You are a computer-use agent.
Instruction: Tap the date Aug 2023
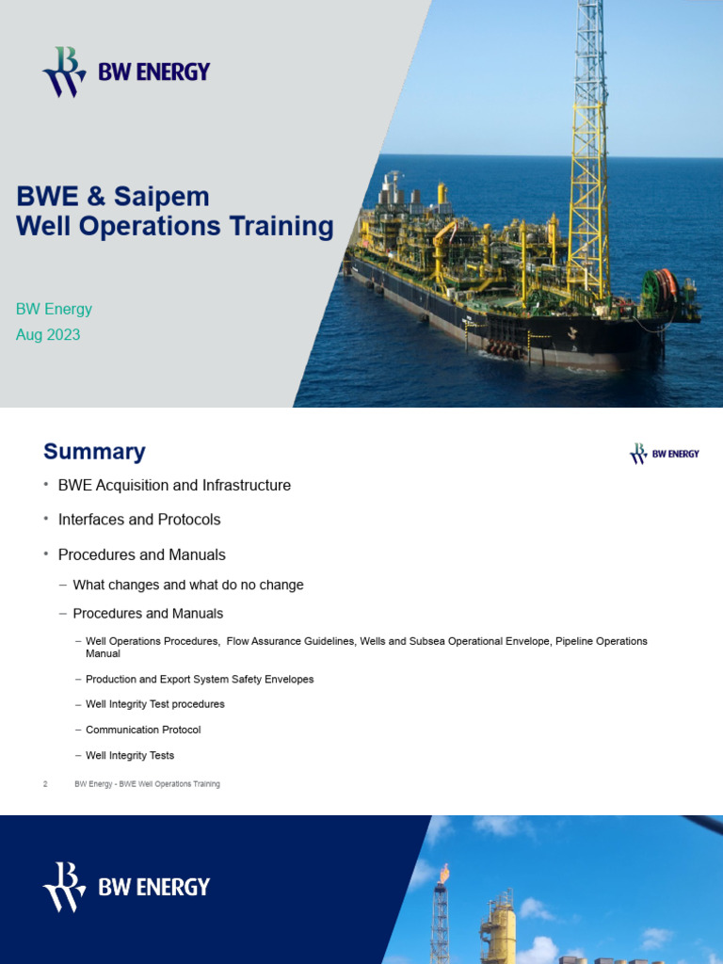point(48,334)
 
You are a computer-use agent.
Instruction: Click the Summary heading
point(94,452)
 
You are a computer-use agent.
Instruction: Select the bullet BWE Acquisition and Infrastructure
point(174,486)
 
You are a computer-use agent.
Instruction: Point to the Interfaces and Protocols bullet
point(139,520)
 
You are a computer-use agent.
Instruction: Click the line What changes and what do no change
point(188,585)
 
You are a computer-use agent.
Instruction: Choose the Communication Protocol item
point(143,730)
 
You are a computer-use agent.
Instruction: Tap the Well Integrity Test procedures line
point(155,704)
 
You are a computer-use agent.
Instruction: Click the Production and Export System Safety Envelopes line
point(200,679)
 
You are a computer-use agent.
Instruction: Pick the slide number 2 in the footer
point(45,784)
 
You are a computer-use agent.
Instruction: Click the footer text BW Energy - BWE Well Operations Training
point(147,784)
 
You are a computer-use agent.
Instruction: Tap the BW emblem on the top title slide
point(63,72)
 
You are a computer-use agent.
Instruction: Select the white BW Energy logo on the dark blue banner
point(126,886)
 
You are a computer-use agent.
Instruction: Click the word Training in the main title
point(279,227)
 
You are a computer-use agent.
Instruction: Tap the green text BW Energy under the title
point(54,309)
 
